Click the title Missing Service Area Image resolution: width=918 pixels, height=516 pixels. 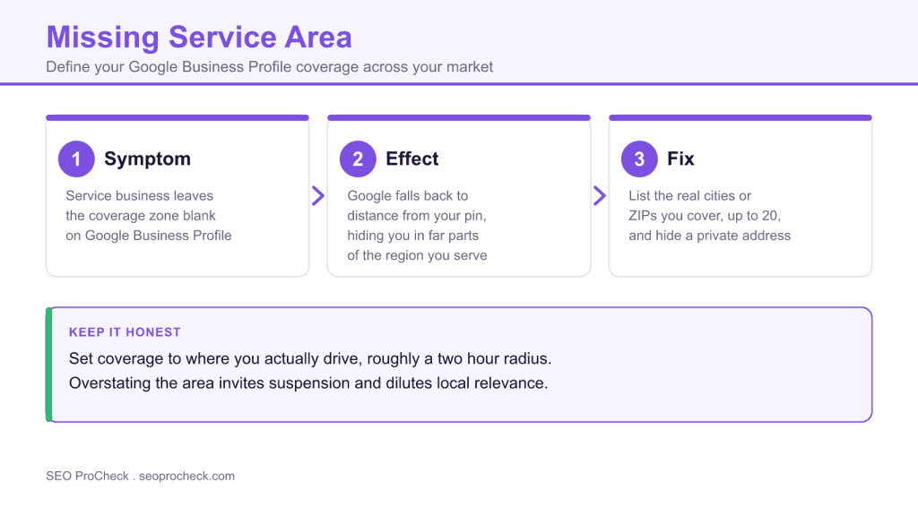[199, 38]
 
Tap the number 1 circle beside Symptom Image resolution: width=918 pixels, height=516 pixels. [76, 159]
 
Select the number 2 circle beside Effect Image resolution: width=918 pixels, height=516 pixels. [358, 159]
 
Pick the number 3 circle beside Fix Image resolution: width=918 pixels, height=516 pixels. [639, 159]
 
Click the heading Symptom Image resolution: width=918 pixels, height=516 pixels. [148, 159]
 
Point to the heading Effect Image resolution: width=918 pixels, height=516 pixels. [412, 159]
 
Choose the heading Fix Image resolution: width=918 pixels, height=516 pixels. [681, 159]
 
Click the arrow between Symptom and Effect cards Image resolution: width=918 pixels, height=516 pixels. [318, 196]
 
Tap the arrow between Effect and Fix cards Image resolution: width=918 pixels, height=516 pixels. [600, 196]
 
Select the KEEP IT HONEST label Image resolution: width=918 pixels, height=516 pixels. [125, 332]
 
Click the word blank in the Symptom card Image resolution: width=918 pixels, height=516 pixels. [199, 216]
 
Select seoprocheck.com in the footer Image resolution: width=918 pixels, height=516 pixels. [186, 477]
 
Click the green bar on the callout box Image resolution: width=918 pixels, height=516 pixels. [49, 365]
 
